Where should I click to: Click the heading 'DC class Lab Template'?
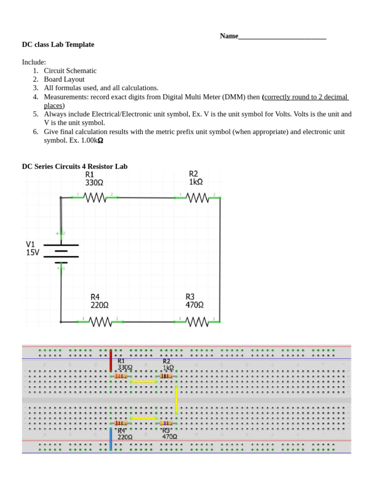(x=58, y=44)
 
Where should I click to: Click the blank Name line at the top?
(x=282, y=37)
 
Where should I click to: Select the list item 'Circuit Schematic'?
(x=70, y=71)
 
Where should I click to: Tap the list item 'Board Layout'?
(x=64, y=79)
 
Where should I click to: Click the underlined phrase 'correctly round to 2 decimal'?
(x=306, y=97)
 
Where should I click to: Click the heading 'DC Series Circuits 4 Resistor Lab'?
(x=75, y=166)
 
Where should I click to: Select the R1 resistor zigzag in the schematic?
(x=95, y=197)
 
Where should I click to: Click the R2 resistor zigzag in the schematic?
(x=197, y=197)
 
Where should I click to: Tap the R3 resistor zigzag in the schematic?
(x=197, y=322)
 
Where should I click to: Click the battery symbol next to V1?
(x=61, y=251)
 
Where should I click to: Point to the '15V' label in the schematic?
(x=33, y=252)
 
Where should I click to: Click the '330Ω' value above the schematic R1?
(x=94, y=183)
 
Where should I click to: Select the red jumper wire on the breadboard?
(x=111, y=361)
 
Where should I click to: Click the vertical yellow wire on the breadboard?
(x=176, y=400)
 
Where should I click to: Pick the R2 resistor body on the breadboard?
(x=166, y=376)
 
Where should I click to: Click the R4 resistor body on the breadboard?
(x=121, y=423)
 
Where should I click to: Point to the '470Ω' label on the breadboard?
(x=169, y=437)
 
